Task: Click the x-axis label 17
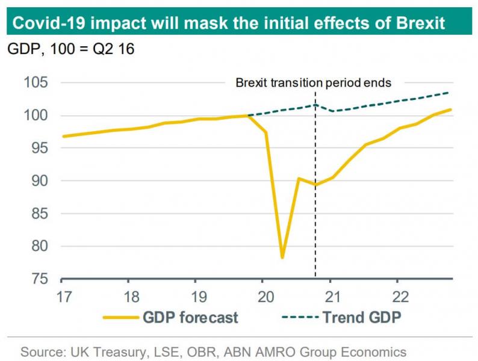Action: pos(62,297)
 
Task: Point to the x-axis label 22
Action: pos(397,297)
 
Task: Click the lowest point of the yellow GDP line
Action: pos(282,258)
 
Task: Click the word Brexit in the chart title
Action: pos(414,23)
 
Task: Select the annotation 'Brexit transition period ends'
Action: pos(313,82)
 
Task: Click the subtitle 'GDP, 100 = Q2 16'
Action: pos(70,49)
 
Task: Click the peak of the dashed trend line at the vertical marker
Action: pos(315,105)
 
